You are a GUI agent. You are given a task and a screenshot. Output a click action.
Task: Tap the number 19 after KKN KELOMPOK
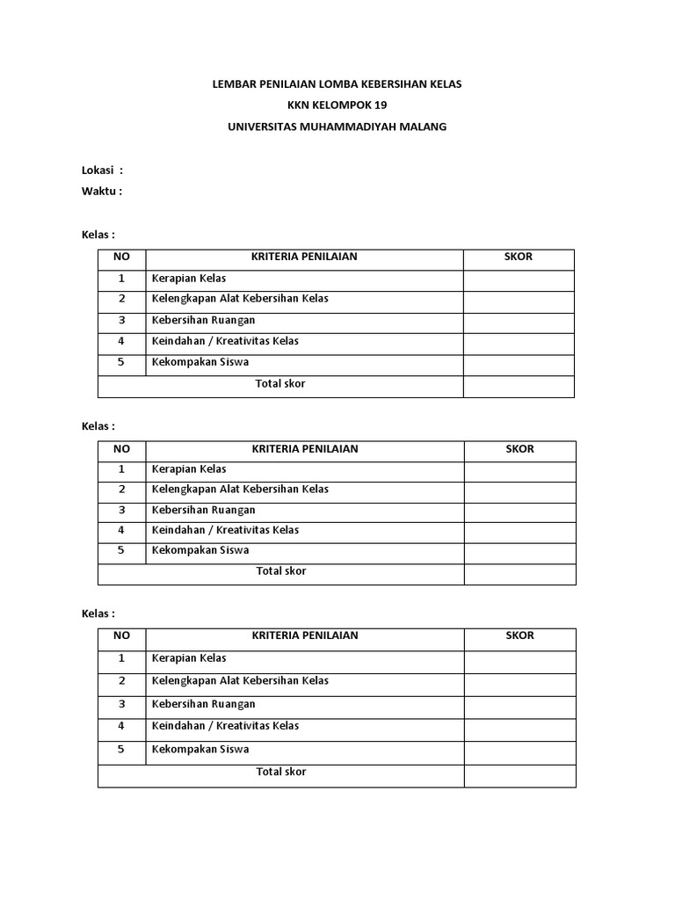[x=379, y=105]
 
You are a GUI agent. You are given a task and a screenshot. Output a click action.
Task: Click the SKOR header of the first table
[x=519, y=257]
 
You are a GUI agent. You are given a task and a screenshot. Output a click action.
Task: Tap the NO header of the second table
[x=121, y=449]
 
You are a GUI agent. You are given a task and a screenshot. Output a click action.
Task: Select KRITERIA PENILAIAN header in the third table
[x=304, y=635]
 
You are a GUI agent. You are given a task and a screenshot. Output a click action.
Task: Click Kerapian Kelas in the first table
[x=188, y=278]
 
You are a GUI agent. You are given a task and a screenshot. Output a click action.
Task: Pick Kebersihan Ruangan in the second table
[x=203, y=510]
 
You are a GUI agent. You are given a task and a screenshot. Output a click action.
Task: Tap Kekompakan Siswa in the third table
[x=200, y=749]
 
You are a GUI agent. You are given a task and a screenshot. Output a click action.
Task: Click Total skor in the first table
[x=280, y=384]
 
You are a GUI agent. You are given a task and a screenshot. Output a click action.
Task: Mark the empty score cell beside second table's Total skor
[x=519, y=574]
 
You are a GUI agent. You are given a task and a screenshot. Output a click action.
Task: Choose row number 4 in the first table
[x=121, y=341]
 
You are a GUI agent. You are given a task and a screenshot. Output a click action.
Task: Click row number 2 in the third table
[x=121, y=680]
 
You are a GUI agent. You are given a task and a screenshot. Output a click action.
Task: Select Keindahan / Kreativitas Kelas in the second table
[x=225, y=530]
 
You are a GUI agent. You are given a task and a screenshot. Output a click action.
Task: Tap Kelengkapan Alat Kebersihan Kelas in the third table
[x=239, y=680]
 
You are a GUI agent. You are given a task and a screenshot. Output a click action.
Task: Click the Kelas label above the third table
[x=98, y=613]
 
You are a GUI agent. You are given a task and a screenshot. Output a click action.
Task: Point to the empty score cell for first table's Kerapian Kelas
[x=519, y=280]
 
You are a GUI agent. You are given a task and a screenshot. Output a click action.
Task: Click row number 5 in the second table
[x=121, y=550]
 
